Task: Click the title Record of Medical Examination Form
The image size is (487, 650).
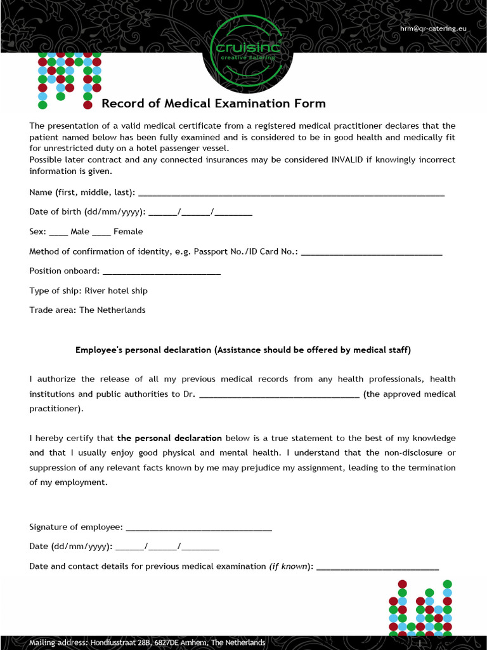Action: (214, 103)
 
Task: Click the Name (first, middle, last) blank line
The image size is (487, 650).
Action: (291, 193)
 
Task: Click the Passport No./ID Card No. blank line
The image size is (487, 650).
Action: (371, 252)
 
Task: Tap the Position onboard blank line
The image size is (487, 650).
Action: (161, 272)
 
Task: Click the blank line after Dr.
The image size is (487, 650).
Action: (280, 394)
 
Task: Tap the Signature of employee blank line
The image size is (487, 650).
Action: (199, 527)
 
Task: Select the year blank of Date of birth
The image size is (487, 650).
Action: (233, 213)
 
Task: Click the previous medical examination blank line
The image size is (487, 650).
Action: (377, 567)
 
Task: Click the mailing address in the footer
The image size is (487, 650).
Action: (147, 642)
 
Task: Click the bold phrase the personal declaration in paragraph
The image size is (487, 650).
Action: (169, 438)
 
